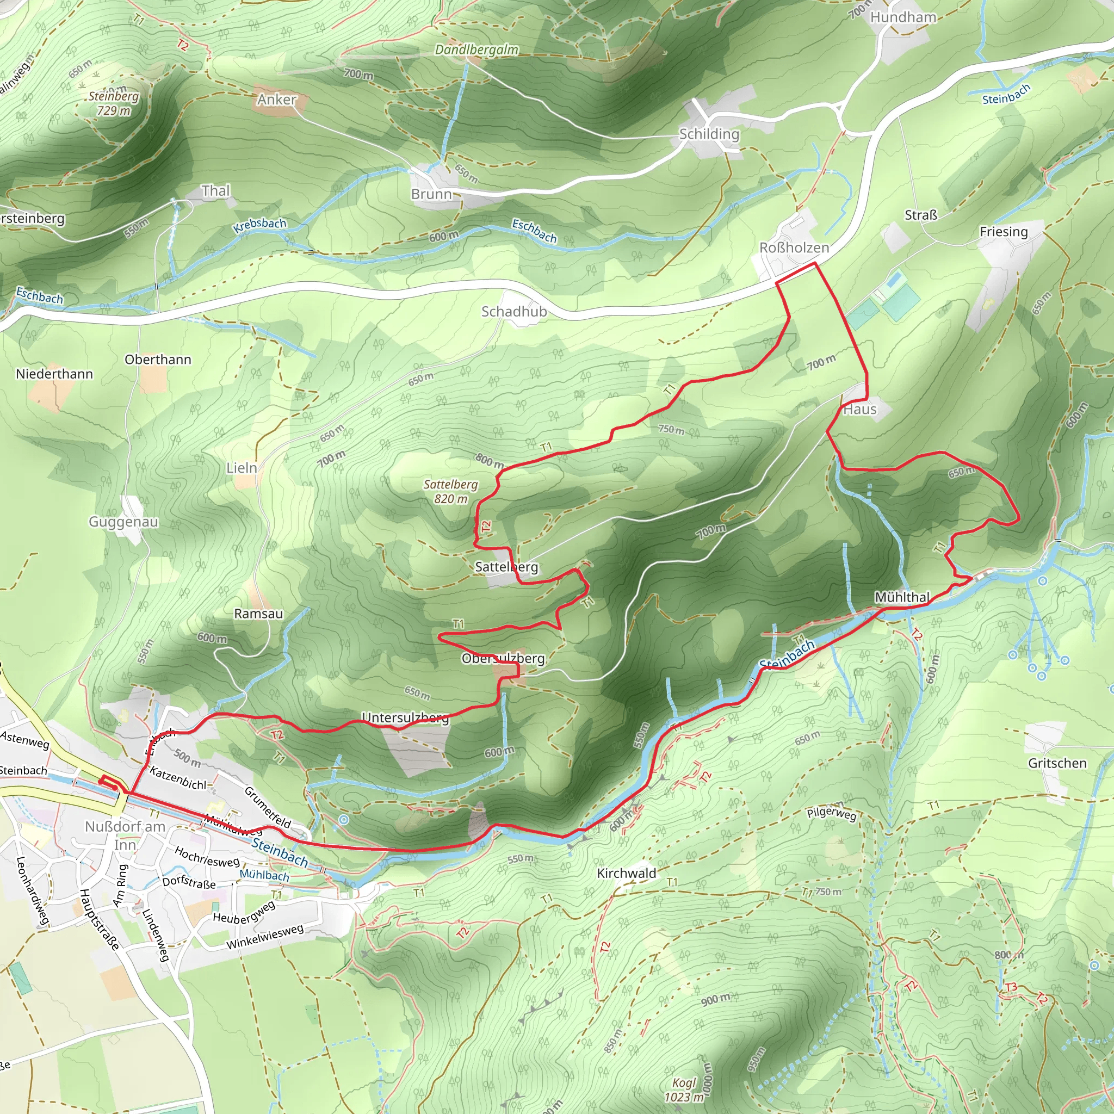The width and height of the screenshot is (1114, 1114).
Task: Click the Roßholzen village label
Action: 794,247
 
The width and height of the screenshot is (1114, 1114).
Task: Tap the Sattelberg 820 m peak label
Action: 450,491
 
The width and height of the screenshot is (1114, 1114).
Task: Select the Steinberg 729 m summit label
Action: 114,103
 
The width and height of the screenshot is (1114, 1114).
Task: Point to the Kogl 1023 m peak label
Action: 684,1089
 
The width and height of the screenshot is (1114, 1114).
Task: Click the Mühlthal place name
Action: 902,597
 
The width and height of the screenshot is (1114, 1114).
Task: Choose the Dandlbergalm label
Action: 476,49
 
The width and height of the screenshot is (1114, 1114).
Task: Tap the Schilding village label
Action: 709,134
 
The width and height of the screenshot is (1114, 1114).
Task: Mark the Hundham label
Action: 903,17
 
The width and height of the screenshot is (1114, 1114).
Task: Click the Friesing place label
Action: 1003,232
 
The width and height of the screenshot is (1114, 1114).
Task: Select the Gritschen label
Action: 1057,763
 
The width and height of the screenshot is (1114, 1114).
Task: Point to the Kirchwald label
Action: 626,873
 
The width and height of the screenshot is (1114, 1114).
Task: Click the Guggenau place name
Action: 123,522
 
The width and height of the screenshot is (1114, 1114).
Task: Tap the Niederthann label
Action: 54,374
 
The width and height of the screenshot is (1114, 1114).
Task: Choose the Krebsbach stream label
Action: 259,225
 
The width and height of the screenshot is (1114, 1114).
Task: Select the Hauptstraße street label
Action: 100,919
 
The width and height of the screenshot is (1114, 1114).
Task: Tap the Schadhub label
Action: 513,311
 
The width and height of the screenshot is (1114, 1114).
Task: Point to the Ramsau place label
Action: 258,614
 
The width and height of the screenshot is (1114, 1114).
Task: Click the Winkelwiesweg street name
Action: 265,937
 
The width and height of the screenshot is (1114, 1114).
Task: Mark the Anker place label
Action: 277,100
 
